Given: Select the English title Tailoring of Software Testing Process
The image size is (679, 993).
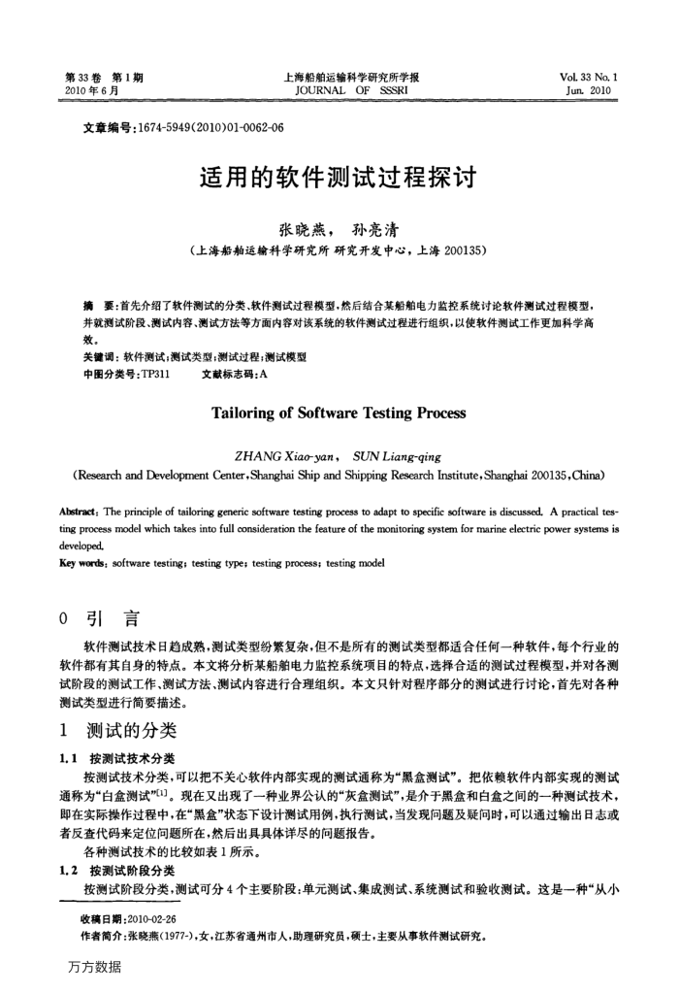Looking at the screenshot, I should tap(339, 413).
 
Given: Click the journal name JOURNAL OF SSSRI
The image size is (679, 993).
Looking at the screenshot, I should tap(339, 90).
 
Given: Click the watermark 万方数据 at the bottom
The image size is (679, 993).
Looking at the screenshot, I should tap(88, 967).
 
